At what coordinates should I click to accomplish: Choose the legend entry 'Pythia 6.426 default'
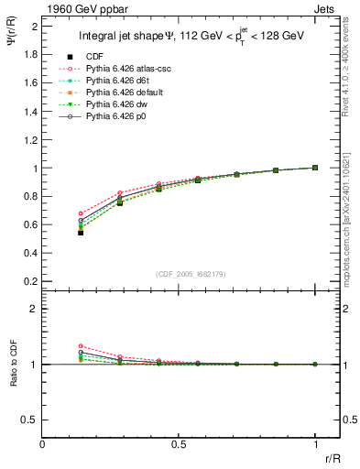122,93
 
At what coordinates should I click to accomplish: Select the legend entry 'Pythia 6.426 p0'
115,119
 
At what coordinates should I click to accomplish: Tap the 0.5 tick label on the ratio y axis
29,420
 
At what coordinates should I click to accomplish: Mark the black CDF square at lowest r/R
82,233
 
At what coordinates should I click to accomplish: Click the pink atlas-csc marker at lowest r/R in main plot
82,213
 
